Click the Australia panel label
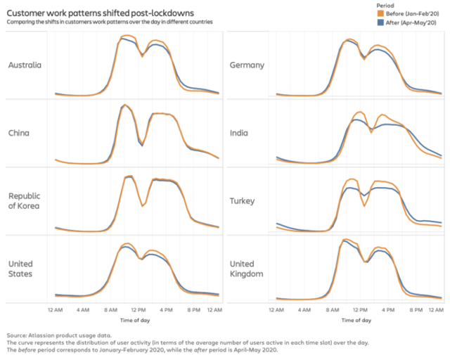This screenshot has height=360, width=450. [x=25, y=65]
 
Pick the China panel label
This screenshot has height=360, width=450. [x=18, y=133]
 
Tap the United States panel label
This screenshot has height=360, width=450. [x=21, y=269]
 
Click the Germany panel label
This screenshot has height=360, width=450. [x=247, y=65]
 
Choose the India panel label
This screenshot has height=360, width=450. [x=239, y=133]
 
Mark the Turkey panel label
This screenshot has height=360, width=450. [x=243, y=201]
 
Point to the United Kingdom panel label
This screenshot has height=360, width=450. [x=246, y=269]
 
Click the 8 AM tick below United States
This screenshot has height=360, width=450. [x=110, y=309]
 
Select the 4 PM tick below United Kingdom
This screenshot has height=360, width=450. [x=387, y=309]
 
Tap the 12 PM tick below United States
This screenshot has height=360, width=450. [x=138, y=309]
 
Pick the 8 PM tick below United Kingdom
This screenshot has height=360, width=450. [x=415, y=309]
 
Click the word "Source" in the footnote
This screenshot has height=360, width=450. [x=16, y=335]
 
